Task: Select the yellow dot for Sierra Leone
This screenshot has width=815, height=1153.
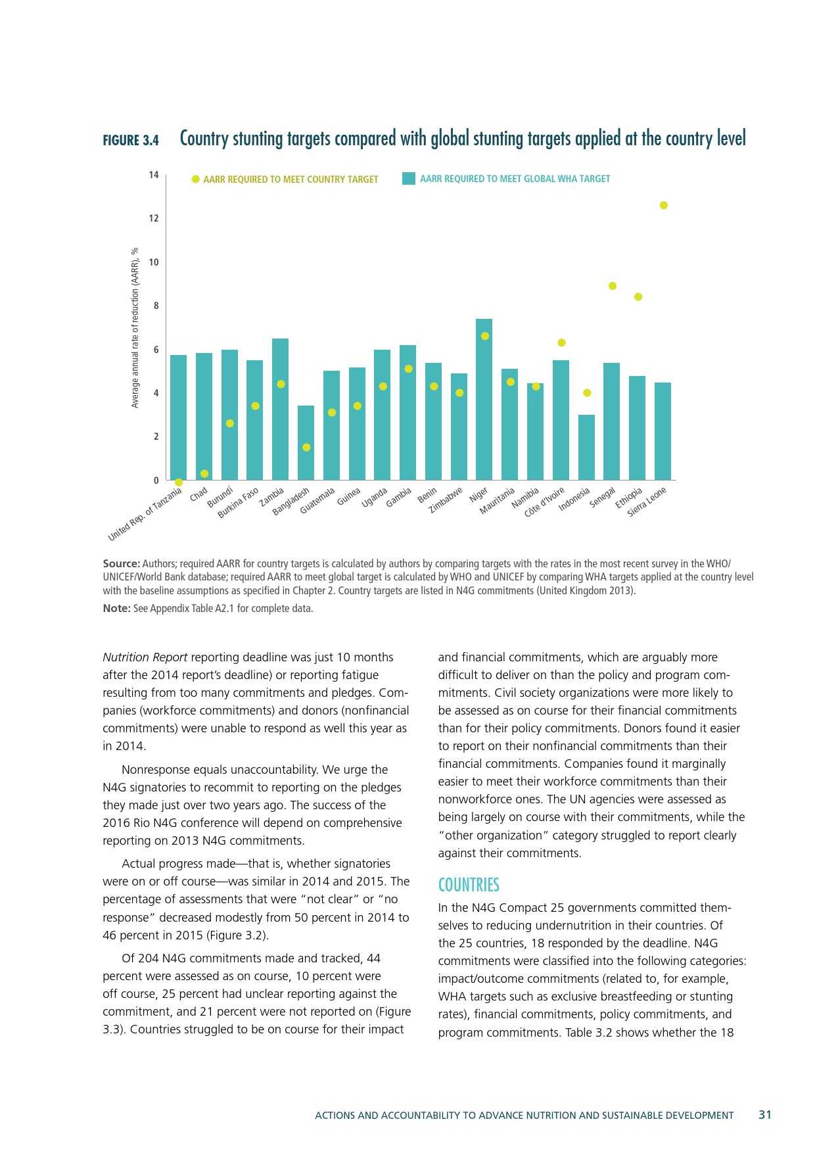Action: click(663, 205)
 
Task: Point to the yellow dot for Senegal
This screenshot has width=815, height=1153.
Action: click(613, 286)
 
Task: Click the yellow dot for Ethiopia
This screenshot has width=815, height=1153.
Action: click(638, 297)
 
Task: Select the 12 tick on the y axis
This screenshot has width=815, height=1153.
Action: click(154, 218)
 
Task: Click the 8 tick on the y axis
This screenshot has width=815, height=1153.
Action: click(156, 306)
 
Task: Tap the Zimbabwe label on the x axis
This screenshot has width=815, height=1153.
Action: click(446, 500)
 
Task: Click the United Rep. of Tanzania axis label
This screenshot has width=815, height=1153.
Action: click(145, 515)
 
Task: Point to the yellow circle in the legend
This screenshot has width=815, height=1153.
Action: click(195, 179)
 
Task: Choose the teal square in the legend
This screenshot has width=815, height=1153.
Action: click(409, 178)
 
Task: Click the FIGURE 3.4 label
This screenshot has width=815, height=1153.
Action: click(131, 140)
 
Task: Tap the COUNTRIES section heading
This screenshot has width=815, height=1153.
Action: click(469, 885)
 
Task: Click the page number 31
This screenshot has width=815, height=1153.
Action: click(765, 1115)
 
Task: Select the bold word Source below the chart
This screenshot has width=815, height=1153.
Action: click(121, 563)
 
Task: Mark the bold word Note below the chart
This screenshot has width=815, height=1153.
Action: click(116, 609)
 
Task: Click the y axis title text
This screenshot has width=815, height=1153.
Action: click(135, 327)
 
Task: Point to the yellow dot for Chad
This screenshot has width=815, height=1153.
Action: click(204, 473)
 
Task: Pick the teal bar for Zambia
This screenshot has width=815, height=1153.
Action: click(281, 409)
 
